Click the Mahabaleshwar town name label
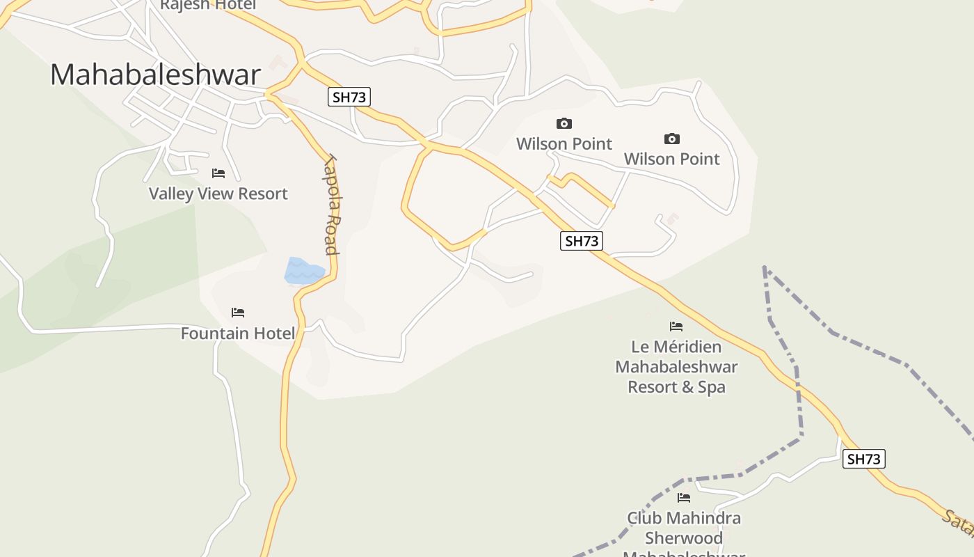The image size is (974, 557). pyautogui.click(x=155, y=75)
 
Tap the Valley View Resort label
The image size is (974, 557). pyautogui.click(x=218, y=194)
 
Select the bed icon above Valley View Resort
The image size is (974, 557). pyautogui.click(x=218, y=173)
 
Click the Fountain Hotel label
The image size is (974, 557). pyautogui.click(x=238, y=334)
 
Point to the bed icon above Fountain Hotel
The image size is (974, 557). pyautogui.click(x=238, y=313)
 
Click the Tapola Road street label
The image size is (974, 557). pyautogui.click(x=331, y=205)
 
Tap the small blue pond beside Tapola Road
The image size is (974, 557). pyautogui.click(x=303, y=271)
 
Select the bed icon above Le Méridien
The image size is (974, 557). pyautogui.click(x=676, y=326)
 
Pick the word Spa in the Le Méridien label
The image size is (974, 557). pyautogui.click(x=711, y=386)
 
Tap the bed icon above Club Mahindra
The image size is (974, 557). pyautogui.click(x=684, y=498)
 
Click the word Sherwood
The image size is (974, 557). pyautogui.click(x=684, y=538)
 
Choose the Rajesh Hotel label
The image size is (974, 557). pyautogui.click(x=207, y=5)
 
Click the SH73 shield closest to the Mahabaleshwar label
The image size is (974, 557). pyautogui.click(x=349, y=97)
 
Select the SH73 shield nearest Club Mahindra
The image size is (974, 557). pyautogui.click(x=864, y=460)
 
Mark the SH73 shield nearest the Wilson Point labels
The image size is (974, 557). pyautogui.click(x=582, y=242)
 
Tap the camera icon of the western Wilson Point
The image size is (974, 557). pyautogui.click(x=564, y=124)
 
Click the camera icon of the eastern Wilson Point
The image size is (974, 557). pyautogui.click(x=671, y=139)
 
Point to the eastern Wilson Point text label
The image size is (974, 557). pyautogui.click(x=671, y=159)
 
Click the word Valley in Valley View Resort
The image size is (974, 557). pyautogui.click(x=171, y=194)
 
